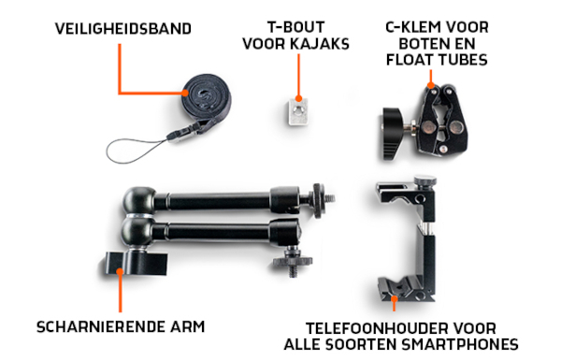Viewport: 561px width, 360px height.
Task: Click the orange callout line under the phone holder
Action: (396, 305)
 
